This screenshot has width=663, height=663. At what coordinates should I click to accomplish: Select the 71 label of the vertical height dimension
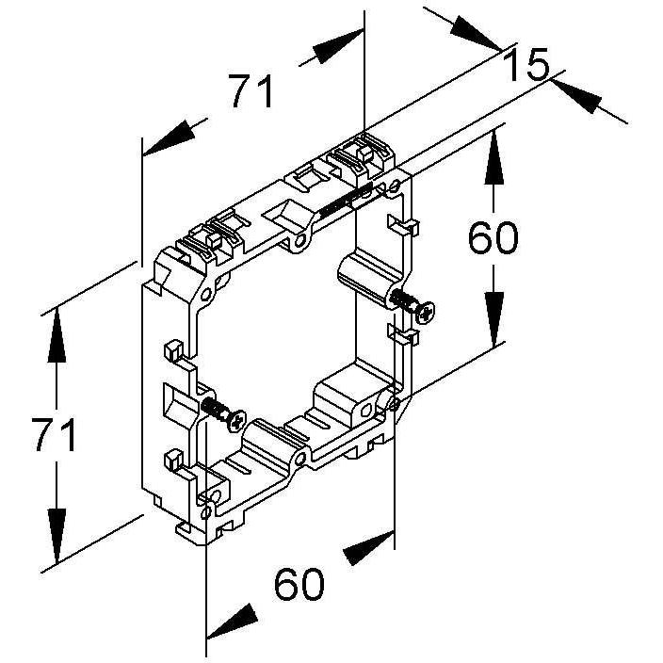pyautogui.click(x=54, y=434)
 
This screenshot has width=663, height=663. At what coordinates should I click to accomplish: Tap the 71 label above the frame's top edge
pyautogui.click(x=252, y=91)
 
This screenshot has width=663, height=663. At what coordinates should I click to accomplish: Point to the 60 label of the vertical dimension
pyautogui.click(x=493, y=237)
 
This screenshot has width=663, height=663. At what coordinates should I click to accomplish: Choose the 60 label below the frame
pyautogui.click(x=299, y=584)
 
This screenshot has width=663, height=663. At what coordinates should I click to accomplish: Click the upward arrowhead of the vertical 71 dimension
pyautogui.click(x=57, y=335)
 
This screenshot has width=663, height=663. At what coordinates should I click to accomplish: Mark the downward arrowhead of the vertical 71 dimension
pyautogui.click(x=57, y=536)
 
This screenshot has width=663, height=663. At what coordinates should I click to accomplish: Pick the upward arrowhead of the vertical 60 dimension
pyautogui.click(x=494, y=157)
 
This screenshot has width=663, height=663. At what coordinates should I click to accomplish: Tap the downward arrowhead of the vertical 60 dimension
pyautogui.click(x=494, y=319)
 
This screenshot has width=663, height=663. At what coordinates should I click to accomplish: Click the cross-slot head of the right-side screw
pyautogui.click(x=425, y=312)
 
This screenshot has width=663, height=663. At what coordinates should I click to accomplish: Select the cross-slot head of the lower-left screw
pyautogui.click(x=236, y=421)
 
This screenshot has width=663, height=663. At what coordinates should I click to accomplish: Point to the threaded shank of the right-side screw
pyautogui.click(x=403, y=300)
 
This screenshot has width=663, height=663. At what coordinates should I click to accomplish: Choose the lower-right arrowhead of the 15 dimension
pyautogui.click(x=576, y=96)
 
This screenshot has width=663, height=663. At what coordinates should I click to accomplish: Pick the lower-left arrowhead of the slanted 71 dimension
pyautogui.click(x=170, y=137)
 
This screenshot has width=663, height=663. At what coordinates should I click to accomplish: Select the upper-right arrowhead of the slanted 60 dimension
pyautogui.click(x=369, y=548)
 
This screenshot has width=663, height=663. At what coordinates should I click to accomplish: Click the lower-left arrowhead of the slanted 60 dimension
pyautogui.click(x=232, y=622)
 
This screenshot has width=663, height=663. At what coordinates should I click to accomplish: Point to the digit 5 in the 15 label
pyautogui.click(x=537, y=65)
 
